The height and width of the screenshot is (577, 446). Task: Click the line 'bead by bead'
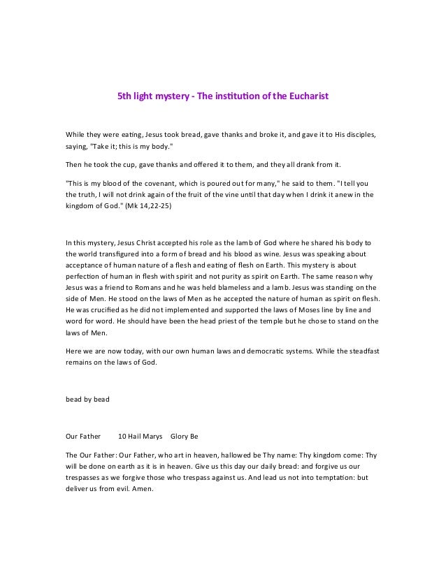[87, 400]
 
